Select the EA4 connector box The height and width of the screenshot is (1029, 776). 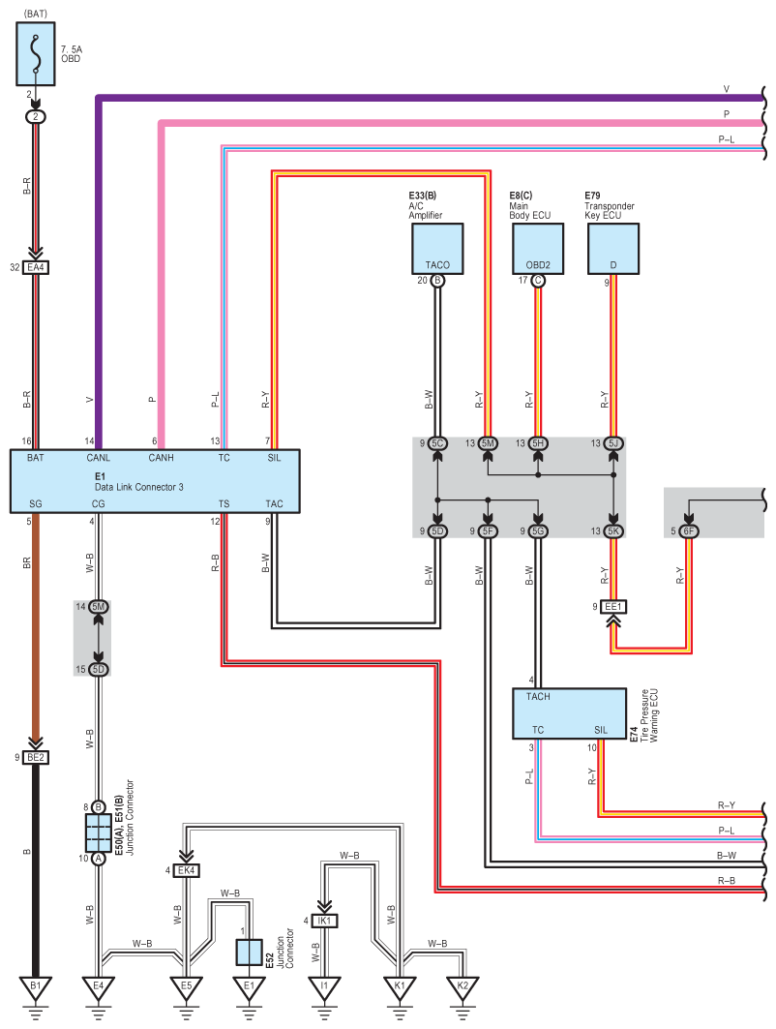click(36, 266)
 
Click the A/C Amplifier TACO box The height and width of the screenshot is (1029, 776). click(437, 249)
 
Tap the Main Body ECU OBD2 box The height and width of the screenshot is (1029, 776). click(538, 249)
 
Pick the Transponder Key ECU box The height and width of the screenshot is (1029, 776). click(613, 249)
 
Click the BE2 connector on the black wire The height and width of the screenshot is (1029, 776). click(36, 757)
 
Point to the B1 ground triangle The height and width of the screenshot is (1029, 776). click(36, 986)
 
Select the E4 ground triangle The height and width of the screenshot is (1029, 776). click(98, 986)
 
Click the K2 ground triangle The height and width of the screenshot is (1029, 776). click(463, 986)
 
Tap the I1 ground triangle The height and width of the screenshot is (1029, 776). click(324, 986)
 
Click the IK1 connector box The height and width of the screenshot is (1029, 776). click(324, 921)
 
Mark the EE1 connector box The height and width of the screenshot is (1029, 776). click(612, 607)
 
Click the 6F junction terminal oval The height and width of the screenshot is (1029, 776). click(688, 530)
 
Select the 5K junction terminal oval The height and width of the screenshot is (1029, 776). click(613, 530)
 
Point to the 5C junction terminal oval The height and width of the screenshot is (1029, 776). click(437, 443)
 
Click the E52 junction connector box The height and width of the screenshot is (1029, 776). click(249, 953)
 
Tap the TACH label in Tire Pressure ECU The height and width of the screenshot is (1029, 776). click(538, 697)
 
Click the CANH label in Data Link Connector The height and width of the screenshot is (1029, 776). click(161, 456)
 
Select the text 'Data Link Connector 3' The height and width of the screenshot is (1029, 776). click(139, 486)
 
